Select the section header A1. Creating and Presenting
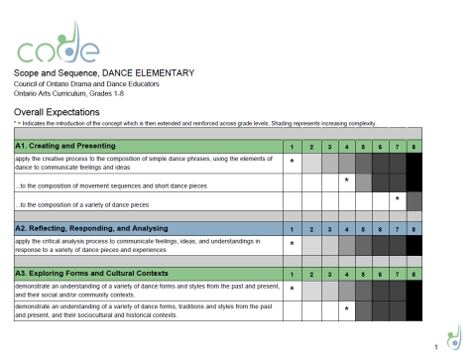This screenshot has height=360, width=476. click(x=59, y=146)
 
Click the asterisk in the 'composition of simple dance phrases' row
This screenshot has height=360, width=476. click(x=292, y=161)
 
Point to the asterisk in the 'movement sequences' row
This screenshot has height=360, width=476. click(x=345, y=181)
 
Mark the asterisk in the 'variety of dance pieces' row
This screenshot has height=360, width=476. click(x=397, y=199)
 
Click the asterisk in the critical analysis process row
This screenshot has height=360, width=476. click(x=292, y=242)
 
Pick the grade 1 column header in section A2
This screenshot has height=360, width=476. click(x=292, y=227)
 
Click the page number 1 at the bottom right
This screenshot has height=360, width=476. click(x=436, y=348)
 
